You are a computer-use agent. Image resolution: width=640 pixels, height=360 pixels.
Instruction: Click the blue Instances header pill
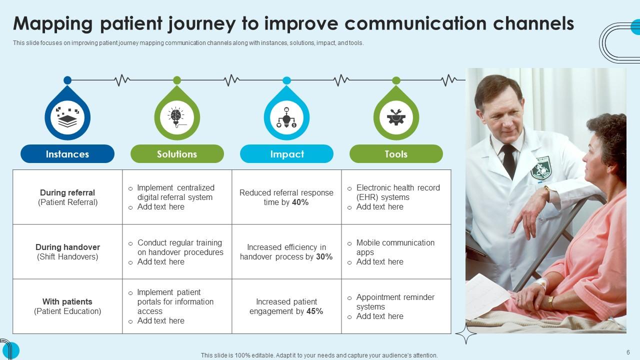[67, 154]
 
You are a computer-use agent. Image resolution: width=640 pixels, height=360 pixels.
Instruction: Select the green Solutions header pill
[177, 154]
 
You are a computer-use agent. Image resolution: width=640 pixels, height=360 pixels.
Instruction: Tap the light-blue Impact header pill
[286, 154]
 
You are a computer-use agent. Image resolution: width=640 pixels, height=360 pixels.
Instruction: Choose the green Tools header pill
[396, 154]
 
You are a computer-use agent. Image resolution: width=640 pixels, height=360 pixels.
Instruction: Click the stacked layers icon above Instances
[67, 118]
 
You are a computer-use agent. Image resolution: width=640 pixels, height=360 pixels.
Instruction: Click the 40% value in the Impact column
[300, 202]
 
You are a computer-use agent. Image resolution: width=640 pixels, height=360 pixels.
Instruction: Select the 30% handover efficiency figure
[324, 257]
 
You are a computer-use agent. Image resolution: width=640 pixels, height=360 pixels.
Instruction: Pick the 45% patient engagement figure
[314, 311]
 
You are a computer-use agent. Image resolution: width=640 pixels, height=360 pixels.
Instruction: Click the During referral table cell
[67, 197]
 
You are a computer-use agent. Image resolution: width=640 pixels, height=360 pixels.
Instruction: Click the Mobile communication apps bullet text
[395, 247]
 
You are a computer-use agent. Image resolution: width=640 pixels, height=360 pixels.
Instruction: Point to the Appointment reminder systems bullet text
[395, 301]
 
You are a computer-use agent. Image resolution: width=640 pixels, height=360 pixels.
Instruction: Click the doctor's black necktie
[509, 160]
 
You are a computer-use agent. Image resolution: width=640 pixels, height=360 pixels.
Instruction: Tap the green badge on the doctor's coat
[540, 168]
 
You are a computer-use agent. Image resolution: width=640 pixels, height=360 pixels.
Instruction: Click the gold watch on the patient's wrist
[550, 301]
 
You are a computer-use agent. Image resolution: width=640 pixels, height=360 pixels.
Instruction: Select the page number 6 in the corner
[628, 352]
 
